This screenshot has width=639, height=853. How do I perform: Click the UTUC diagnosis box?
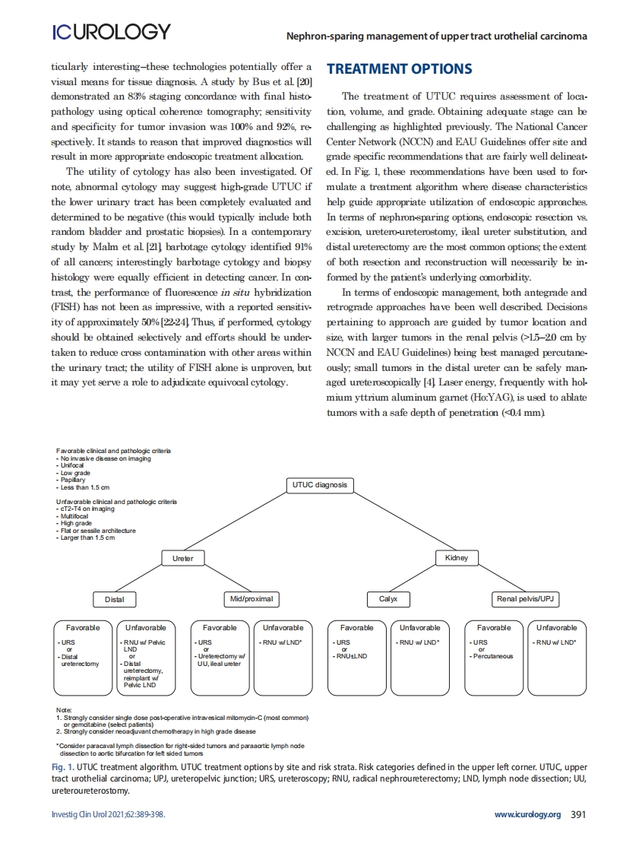click(319, 485)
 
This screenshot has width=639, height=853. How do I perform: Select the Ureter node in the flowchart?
click(183, 558)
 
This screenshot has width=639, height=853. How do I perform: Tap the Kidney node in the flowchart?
click(457, 558)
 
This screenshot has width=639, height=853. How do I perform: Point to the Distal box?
click(114, 599)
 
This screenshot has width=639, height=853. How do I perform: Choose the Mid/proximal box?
click(251, 599)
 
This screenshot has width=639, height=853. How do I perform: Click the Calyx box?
click(388, 599)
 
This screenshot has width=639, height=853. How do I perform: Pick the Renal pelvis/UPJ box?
click(525, 599)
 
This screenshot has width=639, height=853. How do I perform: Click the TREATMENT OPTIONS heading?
click(399, 69)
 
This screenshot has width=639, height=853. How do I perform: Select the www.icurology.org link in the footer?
click(527, 814)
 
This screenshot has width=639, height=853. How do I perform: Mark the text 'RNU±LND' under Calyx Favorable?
click(352, 656)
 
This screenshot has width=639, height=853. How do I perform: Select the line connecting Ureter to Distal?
click(148, 579)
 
